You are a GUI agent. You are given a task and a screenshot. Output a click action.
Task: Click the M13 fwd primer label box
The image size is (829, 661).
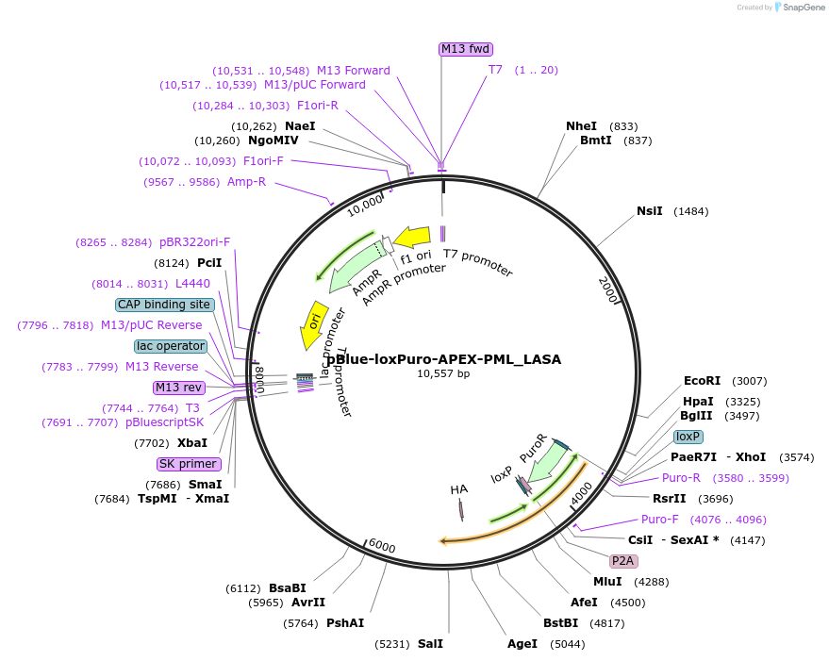pyautogui.click(x=466, y=49)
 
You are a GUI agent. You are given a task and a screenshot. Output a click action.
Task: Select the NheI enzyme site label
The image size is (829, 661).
pyautogui.click(x=581, y=126)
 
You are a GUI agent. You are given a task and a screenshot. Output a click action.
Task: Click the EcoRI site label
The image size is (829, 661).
pyautogui.click(x=702, y=381)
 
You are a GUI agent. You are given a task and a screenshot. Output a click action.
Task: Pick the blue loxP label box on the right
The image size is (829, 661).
pyautogui.click(x=688, y=437)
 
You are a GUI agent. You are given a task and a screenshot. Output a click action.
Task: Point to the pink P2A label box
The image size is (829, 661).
pyautogui.click(x=623, y=560)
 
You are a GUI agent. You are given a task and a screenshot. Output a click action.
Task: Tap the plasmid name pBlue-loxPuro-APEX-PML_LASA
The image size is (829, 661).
pyautogui.click(x=443, y=359)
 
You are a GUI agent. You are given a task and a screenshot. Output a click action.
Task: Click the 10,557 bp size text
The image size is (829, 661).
pyautogui.click(x=443, y=373)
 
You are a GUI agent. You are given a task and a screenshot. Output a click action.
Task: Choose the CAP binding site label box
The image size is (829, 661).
pyautogui.click(x=164, y=305)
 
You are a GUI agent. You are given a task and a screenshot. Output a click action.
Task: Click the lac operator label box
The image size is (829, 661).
pyautogui.click(x=170, y=346)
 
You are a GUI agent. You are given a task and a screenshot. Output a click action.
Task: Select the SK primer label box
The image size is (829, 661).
pyautogui.click(x=189, y=464)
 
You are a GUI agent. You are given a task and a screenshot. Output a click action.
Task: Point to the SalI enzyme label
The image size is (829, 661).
pyautogui.click(x=429, y=644)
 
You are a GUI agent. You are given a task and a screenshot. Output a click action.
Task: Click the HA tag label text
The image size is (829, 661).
pyautogui.click(x=459, y=489)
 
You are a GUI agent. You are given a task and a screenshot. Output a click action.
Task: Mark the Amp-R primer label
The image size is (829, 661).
pyautogui.click(x=246, y=182)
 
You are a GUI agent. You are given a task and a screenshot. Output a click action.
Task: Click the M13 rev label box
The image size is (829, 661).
pyautogui.click(x=179, y=388)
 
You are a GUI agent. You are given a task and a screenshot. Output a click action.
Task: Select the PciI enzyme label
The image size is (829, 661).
pyautogui.click(x=208, y=263)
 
